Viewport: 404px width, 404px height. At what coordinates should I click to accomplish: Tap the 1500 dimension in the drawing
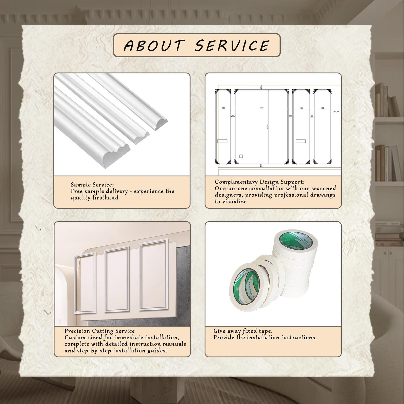point(261,108)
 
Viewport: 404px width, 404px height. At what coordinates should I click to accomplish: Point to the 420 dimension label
point(223,108)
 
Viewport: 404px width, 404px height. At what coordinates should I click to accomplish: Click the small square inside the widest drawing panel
point(241,156)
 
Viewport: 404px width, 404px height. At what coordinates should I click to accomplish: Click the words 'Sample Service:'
point(92,185)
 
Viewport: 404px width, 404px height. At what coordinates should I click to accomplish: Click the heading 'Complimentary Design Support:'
point(259,182)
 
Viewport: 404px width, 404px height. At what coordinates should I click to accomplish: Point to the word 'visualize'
point(234,201)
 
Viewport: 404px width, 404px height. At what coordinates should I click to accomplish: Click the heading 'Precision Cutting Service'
point(99,331)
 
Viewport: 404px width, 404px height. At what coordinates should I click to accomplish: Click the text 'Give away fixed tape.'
point(243,331)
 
